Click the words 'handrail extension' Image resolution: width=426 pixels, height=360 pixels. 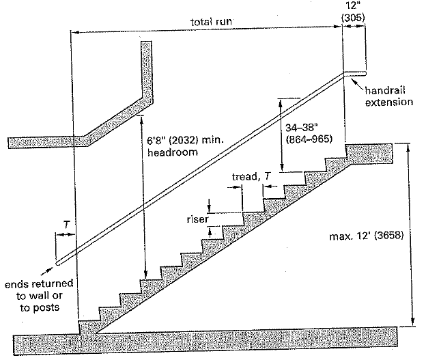coord(388,96)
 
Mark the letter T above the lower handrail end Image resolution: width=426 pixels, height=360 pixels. coord(65,223)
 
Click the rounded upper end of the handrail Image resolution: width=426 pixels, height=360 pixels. coord(366,74)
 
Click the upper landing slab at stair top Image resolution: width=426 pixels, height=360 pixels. coord(369,150)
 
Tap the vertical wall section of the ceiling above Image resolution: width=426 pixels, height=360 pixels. coord(147,68)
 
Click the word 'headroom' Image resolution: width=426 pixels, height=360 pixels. coord(168,154)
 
